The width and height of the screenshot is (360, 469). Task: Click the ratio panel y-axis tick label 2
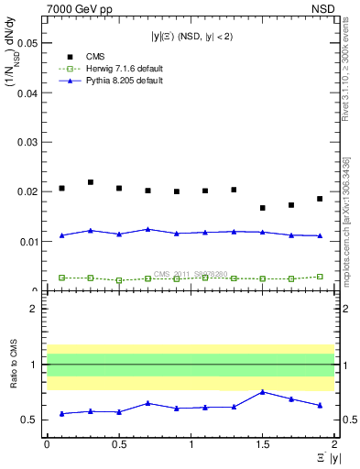pos(33,309)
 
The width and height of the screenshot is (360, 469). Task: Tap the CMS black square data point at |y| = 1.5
pos(263,208)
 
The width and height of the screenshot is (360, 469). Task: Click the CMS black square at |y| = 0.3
pos(90,182)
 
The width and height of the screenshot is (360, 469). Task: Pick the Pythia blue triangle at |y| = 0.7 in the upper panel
pos(147,229)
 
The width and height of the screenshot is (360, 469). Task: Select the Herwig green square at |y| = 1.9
pos(320,276)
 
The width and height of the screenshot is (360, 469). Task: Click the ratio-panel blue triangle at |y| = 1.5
pos(263,392)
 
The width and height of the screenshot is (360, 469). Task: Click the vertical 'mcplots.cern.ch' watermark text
pos(349,228)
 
